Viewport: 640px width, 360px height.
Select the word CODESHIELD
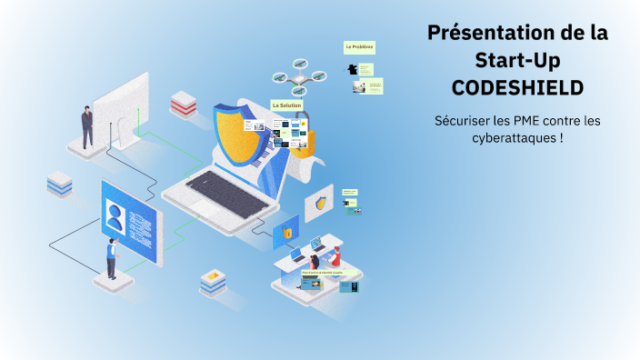[518, 88]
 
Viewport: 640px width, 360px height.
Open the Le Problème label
[359, 46]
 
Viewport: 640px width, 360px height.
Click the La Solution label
[286, 105]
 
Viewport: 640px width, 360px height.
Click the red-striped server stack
[184, 104]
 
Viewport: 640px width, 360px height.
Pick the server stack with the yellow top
[213, 282]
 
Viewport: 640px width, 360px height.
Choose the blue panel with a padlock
[287, 233]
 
